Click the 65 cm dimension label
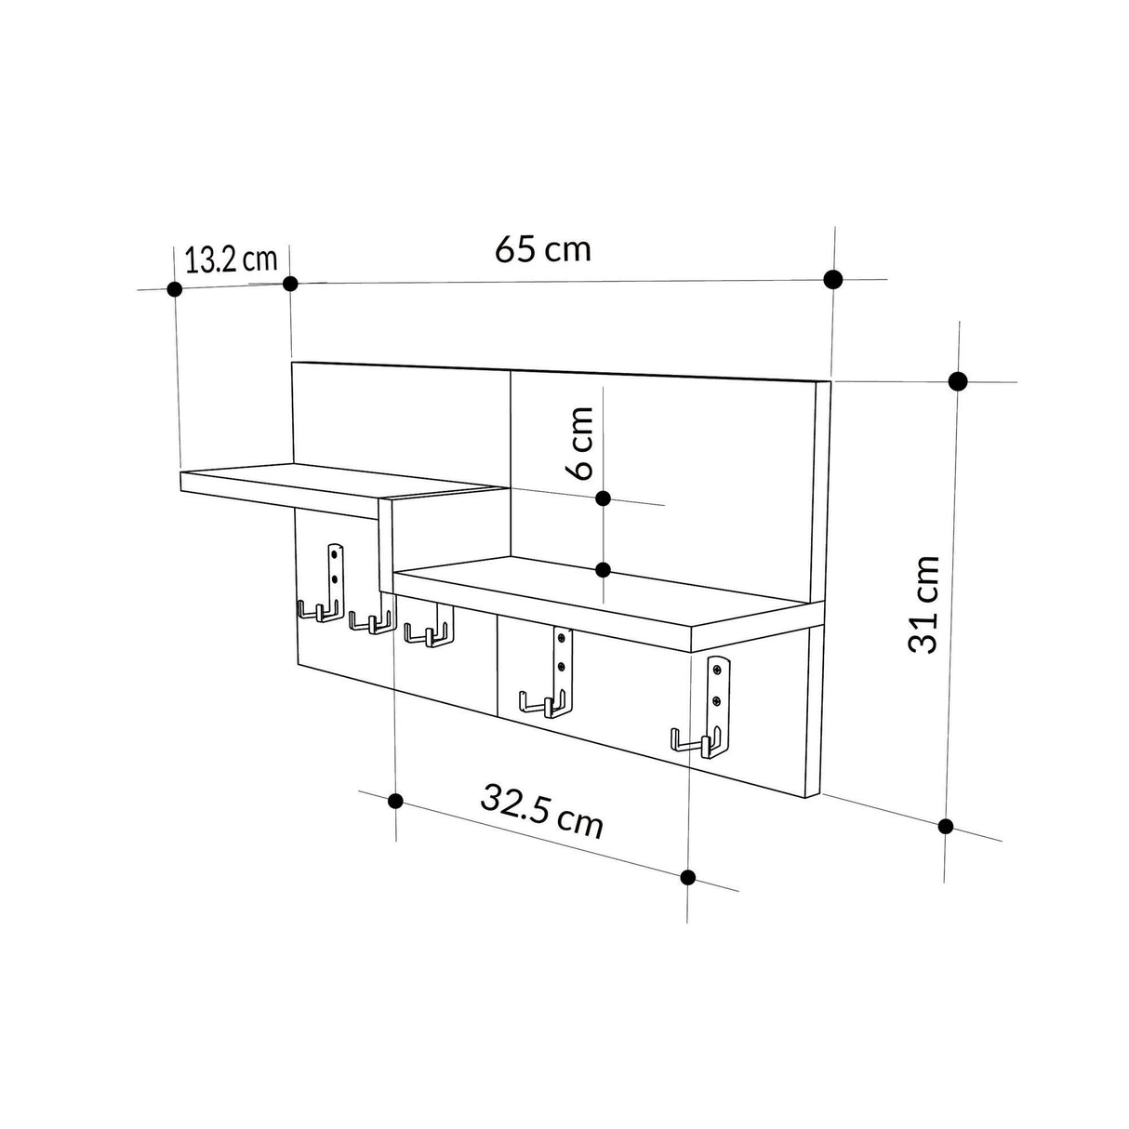pos(542,249)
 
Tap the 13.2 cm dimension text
pos(231,259)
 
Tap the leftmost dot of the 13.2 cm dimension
pos(173,288)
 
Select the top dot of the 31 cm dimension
pos(958,380)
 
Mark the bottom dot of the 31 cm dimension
pos(946,826)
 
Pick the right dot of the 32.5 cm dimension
pos(688,876)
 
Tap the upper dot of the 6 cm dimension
pos(603,498)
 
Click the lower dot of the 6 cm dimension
pos(603,569)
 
